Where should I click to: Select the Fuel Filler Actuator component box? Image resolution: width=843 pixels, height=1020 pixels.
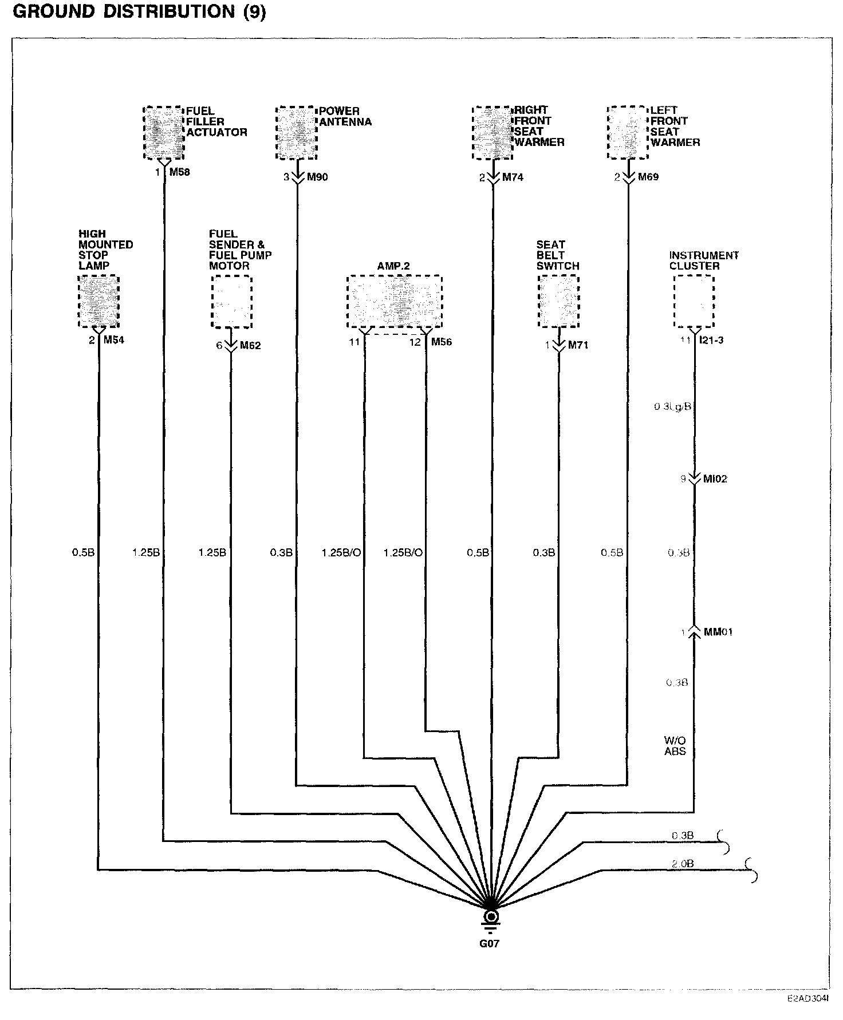[164, 132]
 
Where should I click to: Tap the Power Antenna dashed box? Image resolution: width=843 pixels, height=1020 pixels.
[297, 132]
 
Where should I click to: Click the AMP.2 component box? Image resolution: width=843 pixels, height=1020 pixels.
[395, 302]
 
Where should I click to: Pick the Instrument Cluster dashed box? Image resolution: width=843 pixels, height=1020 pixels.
[694, 301]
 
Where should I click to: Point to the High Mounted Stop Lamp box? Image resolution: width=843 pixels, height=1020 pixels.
[99, 301]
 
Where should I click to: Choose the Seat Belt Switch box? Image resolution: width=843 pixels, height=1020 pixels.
[558, 301]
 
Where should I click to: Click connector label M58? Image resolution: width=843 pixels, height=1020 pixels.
[179, 172]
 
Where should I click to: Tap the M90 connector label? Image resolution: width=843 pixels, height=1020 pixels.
[317, 177]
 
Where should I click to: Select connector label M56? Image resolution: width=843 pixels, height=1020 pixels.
[442, 342]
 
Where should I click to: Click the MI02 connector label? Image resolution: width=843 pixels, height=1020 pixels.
[715, 479]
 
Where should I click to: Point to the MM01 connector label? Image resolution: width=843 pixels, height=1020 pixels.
[718, 632]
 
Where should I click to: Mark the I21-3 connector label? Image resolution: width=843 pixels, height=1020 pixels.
[712, 341]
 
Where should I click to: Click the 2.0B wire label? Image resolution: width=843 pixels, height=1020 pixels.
[683, 864]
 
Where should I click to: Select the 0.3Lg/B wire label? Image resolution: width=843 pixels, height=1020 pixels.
[673, 407]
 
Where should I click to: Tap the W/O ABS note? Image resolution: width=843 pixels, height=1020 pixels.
[675, 746]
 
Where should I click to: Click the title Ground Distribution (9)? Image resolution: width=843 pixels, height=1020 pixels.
[139, 12]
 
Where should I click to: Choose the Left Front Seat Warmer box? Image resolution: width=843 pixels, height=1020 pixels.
[628, 132]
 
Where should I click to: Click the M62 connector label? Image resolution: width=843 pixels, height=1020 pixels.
[250, 346]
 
